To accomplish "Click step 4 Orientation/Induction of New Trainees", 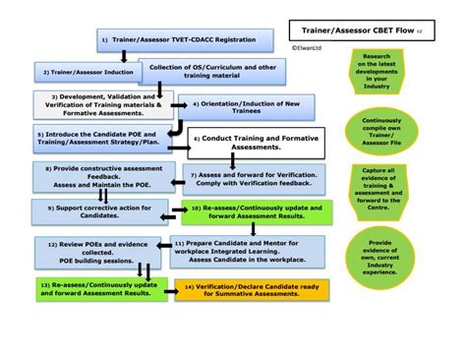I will tap(246, 104).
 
